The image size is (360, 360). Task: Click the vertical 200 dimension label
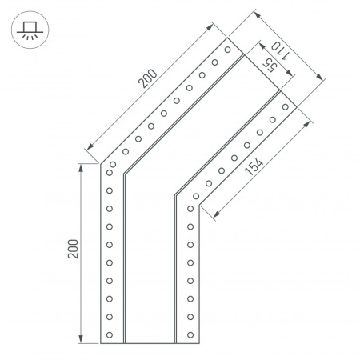tap(74, 249)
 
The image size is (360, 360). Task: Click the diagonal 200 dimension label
tap(147, 78)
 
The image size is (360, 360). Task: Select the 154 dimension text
tap(254, 166)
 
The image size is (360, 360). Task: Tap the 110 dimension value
tap(280, 51)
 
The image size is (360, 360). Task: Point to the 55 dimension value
tap(270, 66)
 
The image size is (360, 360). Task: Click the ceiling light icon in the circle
tap(30, 30)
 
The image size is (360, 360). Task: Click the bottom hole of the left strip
tap(110, 334)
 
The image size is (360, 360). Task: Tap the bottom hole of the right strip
tap(190, 334)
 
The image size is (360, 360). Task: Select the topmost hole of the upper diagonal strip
tap(227, 50)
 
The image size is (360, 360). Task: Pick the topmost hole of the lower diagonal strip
tap(286, 107)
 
